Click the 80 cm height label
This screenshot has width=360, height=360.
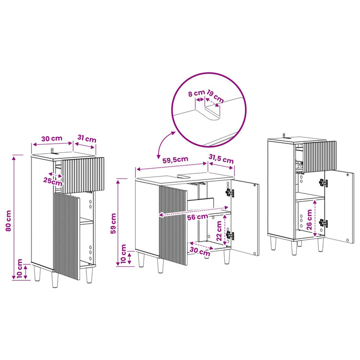[x=8, y=221]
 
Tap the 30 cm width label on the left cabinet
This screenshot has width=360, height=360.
[x=51, y=138]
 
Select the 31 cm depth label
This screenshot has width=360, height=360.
[x=87, y=138]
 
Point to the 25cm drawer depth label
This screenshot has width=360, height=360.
[x=53, y=182]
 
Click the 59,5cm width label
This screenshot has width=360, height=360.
[x=175, y=160]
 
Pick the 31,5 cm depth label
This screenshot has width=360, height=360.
[x=221, y=158]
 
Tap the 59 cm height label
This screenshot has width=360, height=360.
[x=114, y=223]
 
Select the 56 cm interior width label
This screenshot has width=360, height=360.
[x=197, y=217]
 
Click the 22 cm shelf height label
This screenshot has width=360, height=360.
[x=219, y=231]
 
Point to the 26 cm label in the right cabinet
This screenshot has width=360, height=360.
[x=309, y=220]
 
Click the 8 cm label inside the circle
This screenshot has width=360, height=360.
[x=196, y=94]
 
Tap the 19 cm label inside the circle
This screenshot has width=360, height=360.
[x=215, y=96]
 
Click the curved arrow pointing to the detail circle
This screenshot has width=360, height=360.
[x=164, y=143]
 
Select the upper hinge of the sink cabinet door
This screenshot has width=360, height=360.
[x=230, y=193]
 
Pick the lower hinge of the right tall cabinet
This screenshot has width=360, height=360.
[x=323, y=223]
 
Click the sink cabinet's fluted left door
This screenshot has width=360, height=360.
[x=173, y=225]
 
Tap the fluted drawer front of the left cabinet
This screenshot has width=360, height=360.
[x=83, y=175]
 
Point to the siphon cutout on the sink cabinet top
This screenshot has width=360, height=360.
[x=185, y=176]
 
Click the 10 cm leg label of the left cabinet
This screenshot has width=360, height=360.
[x=20, y=268]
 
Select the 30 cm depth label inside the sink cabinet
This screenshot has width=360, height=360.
[x=200, y=251]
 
